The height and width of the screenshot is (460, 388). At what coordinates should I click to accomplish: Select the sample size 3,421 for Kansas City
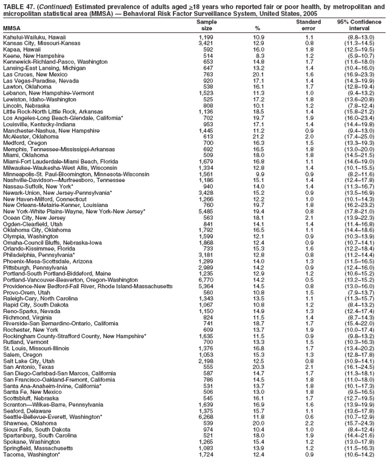[206, 43]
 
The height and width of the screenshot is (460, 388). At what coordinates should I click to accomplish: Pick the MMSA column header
[12, 28]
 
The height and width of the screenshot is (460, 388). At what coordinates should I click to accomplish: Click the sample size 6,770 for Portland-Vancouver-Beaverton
[206, 281]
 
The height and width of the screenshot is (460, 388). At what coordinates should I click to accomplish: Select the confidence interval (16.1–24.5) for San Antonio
[360, 367]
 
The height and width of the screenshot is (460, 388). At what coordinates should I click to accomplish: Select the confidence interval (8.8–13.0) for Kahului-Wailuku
[360, 38]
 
